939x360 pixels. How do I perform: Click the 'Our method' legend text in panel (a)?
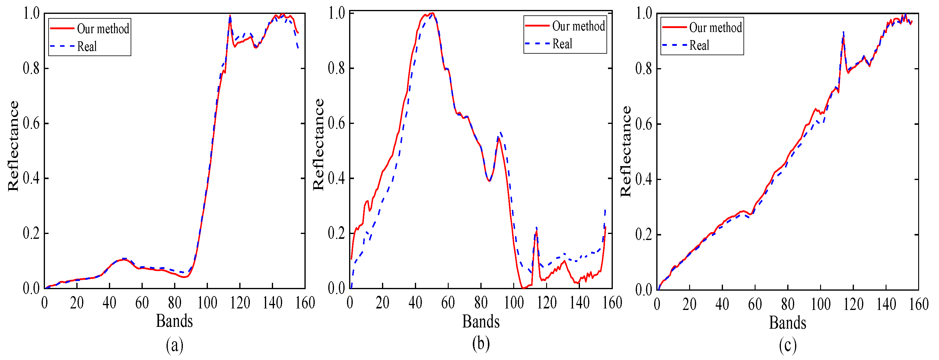(x=103, y=29)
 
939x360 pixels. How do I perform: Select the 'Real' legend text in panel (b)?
(x=562, y=44)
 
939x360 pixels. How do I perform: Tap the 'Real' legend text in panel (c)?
(x=699, y=46)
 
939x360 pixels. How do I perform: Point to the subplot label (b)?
(x=481, y=343)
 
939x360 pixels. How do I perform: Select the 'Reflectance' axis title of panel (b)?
(x=319, y=144)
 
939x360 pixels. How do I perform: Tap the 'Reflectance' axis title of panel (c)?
(x=625, y=151)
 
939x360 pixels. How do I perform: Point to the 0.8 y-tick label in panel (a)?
(x=31, y=68)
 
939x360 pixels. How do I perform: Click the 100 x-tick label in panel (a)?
(x=207, y=303)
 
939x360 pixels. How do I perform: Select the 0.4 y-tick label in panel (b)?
(x=336, y=178)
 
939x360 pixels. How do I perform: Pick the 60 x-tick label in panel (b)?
(x=448, y=303)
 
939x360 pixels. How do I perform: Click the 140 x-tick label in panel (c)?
(x=886, y=304)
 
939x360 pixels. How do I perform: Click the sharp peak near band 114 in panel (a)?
(x=230, y=16)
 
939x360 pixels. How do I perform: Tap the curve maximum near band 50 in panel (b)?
(x=432, y=14)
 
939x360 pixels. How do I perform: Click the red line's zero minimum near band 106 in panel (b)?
(x=524, y=288)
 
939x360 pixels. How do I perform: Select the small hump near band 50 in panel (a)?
(x=124, y=259)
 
